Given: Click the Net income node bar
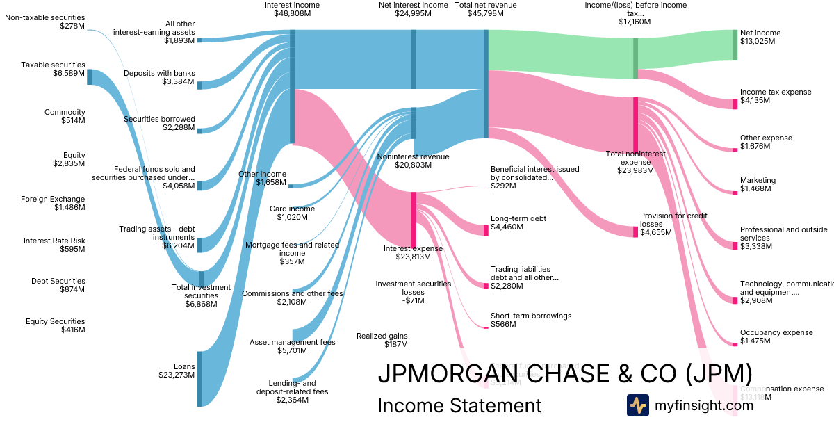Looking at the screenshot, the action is point(735,44).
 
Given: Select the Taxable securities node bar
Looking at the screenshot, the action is point(89,76).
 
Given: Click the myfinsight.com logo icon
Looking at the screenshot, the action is point(637,405).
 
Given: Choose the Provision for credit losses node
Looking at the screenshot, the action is point(635,232).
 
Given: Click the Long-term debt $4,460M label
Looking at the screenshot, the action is point(518,222).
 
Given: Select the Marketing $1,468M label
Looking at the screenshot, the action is point(758,184).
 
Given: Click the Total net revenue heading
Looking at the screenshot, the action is point(486,9).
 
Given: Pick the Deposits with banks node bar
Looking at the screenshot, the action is point(199,85).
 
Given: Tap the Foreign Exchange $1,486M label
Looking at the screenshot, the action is point(58,203).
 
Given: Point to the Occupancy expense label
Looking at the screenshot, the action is point(776,336).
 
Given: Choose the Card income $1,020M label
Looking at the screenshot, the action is point(292,213).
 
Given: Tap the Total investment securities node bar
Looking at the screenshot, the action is point(201,278).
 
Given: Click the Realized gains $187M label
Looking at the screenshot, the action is point(382,340).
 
